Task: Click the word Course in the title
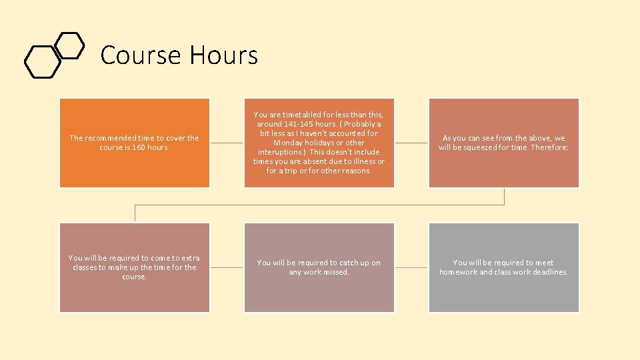141,55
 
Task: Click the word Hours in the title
223,55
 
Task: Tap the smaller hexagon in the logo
69,45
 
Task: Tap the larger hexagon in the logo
42,61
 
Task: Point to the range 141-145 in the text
301,124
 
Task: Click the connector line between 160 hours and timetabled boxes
227,143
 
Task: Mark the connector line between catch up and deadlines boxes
411,267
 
